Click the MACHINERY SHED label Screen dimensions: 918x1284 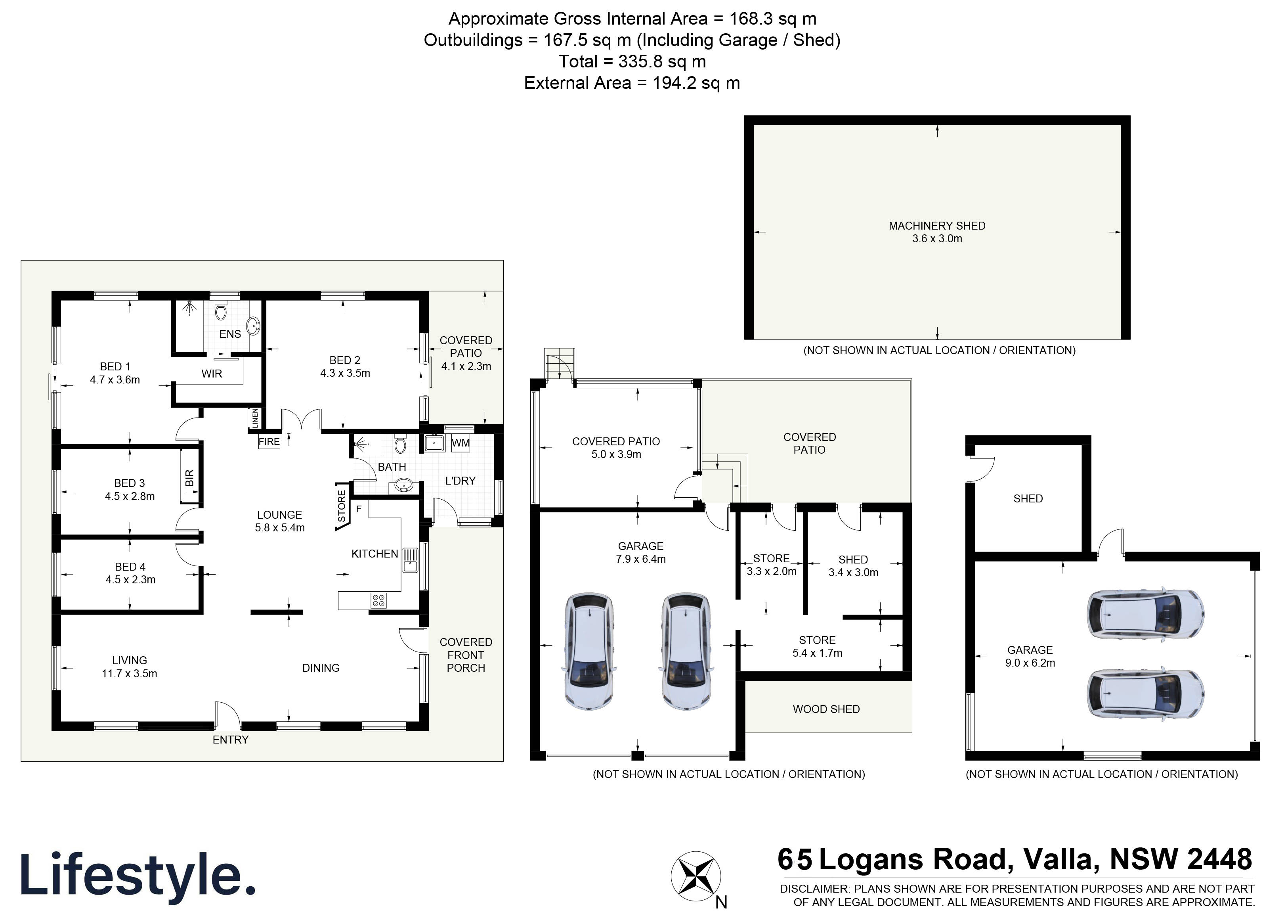click(x=936, y=226)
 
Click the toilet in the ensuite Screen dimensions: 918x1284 click(x=221, y=311)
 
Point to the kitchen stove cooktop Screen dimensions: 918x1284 click(x=378, y=600)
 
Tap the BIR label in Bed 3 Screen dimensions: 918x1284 click(x=190, y=478)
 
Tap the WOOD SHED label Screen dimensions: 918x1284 click(x=826, y=709)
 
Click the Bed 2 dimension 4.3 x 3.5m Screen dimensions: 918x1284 click(x=345, y=373)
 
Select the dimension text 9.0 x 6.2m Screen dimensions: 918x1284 click(x=1030, y=663)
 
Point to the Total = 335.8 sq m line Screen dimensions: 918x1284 click(x=632, y=61)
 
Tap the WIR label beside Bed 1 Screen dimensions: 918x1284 click(x=212, y=374)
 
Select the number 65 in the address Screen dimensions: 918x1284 click(x=795, y=859)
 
